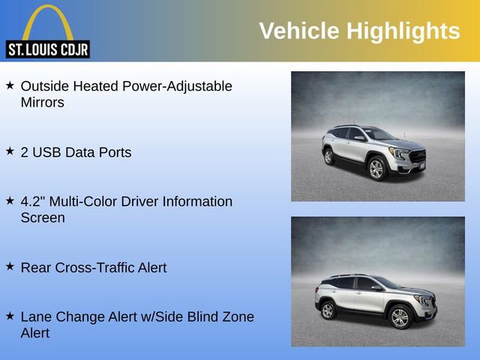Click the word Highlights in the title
tap(403, 31)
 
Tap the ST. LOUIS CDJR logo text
tap(47, 50)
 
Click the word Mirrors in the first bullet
tap(43, 103)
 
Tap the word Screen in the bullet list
tap(43, 218)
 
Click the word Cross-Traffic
tap(95, 268)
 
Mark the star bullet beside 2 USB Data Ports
tap(10, 151)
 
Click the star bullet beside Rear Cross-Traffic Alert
tap(10, 266)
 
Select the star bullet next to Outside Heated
tap(10, 85)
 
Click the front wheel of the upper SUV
tap(376, 169)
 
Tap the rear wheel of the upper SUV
tap(328, 157)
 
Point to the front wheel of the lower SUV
tap(400, 317)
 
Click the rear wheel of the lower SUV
tap(328, 310)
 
